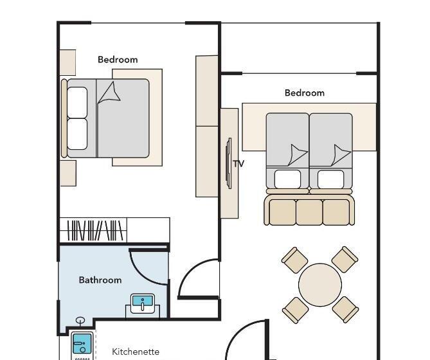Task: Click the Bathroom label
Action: tap(100, 280)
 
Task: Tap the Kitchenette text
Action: tap(136, 352)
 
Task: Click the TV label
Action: tap(238, 164)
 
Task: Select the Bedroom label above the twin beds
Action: tap(305, 93)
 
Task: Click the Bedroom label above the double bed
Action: tap(118, 60)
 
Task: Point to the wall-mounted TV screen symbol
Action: tap(228, 163)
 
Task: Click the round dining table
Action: tap(320, 285)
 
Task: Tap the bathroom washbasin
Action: tap(143, 303)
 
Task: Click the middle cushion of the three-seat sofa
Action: tap(309, 212)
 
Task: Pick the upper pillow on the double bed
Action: tap(77, 102)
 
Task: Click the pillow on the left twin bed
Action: tap(287, 179)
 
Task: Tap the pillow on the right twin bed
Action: tap(331, 179)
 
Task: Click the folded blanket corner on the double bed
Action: tap(110, 93)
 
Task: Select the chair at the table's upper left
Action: tap(295, 260)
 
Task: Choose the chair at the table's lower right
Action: tap(345, 310)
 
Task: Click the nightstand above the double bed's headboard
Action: tap(67, 62)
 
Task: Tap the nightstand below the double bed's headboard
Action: tap(68, 174)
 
